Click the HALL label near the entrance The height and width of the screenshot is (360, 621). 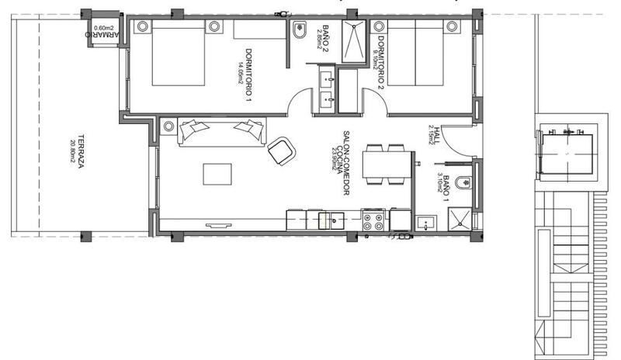tap(437, 137)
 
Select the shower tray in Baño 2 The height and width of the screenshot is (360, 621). tap(355, 37)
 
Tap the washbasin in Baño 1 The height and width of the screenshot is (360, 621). tap(425, 223)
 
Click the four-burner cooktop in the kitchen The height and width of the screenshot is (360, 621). tap(373, 222)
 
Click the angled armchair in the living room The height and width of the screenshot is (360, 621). tap(281, 150)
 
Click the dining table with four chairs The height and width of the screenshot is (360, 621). tap(384, 166)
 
